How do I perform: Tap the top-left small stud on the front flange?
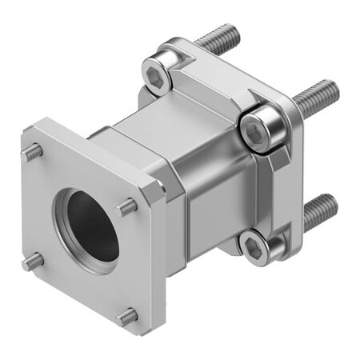34,150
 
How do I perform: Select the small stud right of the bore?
126,208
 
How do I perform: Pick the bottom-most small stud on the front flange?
125,317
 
